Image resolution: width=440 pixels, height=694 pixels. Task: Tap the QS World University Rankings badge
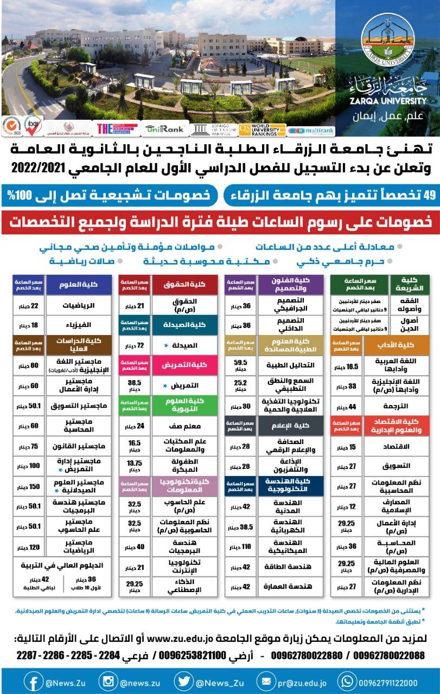pos(262,129)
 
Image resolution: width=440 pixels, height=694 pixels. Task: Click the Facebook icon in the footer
pos(33,681)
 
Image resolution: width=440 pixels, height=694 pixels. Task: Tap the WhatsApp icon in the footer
pos(346,681)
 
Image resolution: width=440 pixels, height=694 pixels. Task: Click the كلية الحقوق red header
pos(186,285)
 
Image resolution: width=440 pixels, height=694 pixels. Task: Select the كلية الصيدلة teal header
pos(186,324)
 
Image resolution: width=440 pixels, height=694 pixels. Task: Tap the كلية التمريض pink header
pos(186,365)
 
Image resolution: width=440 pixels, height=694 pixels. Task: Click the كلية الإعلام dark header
pos(291,425)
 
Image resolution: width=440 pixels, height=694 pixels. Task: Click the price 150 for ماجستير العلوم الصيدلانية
pos(28,486)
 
